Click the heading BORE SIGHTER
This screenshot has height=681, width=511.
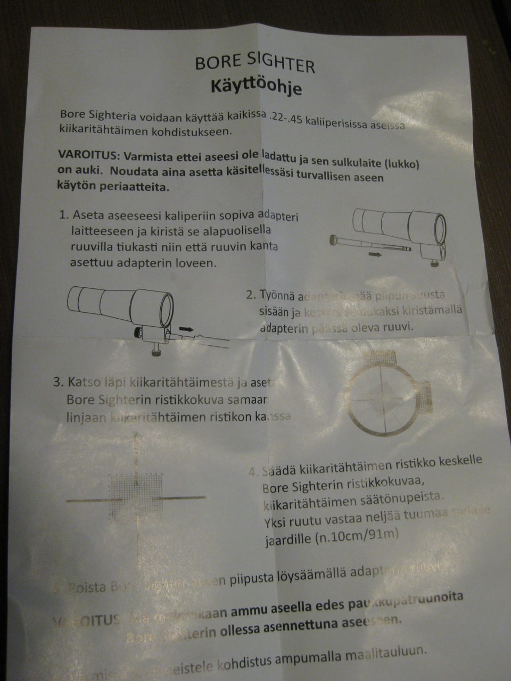(255, 63)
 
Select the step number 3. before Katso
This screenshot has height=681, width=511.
(59, 382)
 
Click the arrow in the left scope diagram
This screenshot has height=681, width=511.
(186, 330)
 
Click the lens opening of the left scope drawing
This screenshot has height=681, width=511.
(166, 310)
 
